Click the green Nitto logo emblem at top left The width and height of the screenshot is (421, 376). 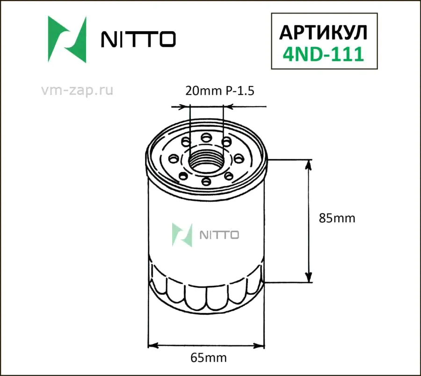(x=67, y=39)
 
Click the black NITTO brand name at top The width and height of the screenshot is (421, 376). (x=138, y=39)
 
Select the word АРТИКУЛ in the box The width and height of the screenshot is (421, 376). (x=323, y=33)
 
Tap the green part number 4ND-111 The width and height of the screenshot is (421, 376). (x=323, y=54)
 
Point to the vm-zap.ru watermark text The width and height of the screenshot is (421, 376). (x=77, y=90)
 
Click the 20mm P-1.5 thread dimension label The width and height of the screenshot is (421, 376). (x=220, y=91)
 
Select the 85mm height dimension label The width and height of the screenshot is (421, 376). (x=337, y=218)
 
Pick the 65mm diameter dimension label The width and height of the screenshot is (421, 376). (x=209, y=357)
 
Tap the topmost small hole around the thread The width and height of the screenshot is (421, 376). (x=206, y=138)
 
